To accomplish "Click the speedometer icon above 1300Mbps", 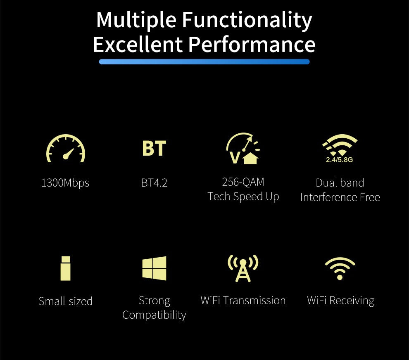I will pyautogui.click(x=65, y=149).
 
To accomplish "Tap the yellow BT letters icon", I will pyautogui.click(x=154, y=149).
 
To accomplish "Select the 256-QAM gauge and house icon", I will pyautogui.click(x=243, y=149).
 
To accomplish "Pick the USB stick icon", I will pyautogui.click(x=65, y=268).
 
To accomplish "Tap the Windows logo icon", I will pyautogui.click(x=154, y=268).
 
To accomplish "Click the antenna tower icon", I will pyautogui.click(x=243, y=268).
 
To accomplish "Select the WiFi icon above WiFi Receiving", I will pyautogui.click(x=340, y=268).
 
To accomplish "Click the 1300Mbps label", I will pyautogui.click(x=65, y=182).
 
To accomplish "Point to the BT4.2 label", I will pyautogui.click(x=154, y=182).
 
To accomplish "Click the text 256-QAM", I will pyautogui.click(x=243, y=182).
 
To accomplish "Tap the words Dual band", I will pyautogui.click(x=340, y=182).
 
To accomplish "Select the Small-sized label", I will pyautogui.click(x=65, y=301).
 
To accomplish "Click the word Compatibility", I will pyautogui.click(x=154, y=315).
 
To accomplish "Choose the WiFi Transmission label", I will pyautogui.click(x=243, y=300).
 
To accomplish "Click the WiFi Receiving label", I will pyautogui.click(x=340, y=301).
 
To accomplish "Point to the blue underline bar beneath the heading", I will pyautogui.click(x=204, y=62).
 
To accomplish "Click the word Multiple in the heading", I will pyautogui.click(x=136, y=20).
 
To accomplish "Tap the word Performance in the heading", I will pyautogui.click(x=252, y=44).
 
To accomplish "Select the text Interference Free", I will pyautogui.click(x=340, y=197).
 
